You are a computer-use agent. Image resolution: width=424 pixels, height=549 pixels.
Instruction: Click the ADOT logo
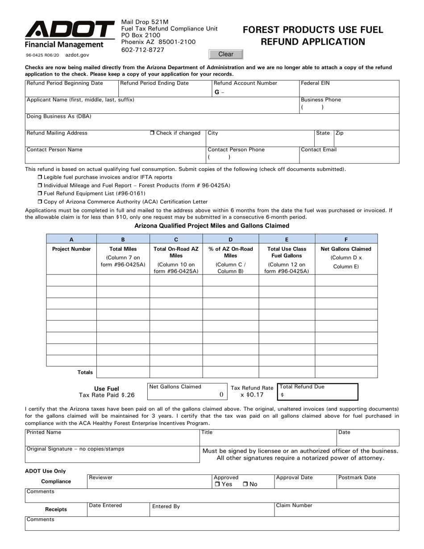[69, 30]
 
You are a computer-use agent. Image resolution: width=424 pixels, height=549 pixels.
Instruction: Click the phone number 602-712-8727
[143, 50]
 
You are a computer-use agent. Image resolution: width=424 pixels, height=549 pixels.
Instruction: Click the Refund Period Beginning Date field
[71, 91]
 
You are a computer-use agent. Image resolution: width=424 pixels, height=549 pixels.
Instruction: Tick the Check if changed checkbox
[152, 133]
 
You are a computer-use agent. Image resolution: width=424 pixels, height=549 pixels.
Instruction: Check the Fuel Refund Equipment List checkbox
[40, 193]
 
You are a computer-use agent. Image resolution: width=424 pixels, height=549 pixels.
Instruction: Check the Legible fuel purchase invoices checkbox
[40, 177]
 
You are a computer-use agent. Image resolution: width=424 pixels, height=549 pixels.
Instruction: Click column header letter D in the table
[230, 239]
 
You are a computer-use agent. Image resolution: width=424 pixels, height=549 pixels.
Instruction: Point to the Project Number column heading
[71, 249]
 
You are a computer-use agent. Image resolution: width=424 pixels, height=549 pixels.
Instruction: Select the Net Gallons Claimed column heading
[346, 249]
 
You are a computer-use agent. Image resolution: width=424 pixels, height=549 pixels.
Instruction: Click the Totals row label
[85, 372]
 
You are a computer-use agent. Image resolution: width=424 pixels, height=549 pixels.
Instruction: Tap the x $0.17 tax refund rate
[252, 395]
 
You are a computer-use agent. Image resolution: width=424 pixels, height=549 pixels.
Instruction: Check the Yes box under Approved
[217, 484]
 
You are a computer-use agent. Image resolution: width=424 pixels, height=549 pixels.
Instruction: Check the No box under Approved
[245, 484]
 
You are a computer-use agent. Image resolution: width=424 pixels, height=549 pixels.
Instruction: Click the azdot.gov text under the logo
[77, 55]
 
